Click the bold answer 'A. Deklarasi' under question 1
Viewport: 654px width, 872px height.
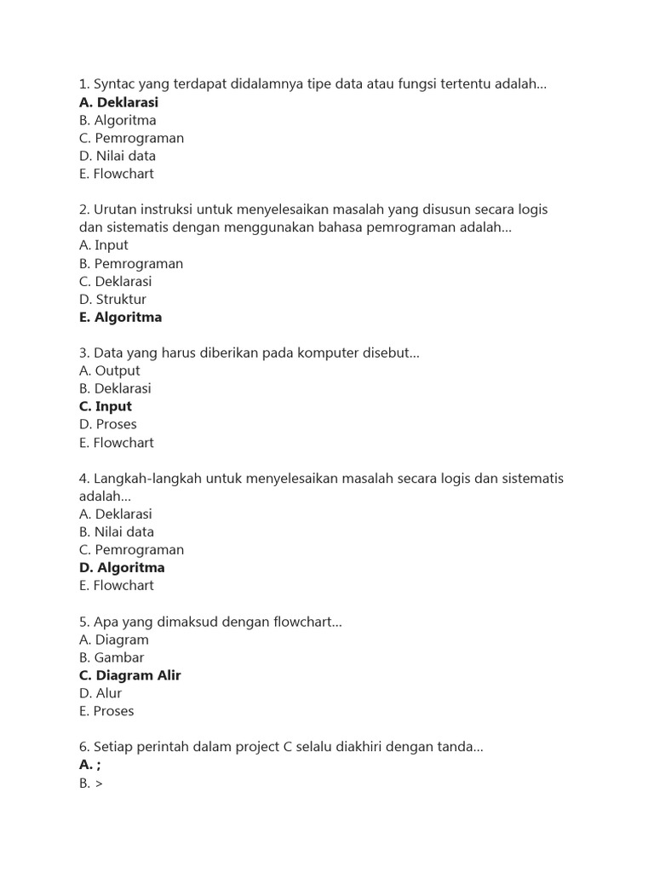(118, 102)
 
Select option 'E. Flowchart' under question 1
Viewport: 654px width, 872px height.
(117, 174)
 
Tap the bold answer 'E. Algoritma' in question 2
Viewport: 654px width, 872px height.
(120, 318)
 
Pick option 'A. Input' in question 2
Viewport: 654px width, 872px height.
(104, 245)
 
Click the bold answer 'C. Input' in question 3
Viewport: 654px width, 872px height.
(106, 407)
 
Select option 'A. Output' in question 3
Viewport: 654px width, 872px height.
(109, 371)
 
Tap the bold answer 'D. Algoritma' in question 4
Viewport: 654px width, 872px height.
(122, 568)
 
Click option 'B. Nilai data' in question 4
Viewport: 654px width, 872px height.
(117, 532)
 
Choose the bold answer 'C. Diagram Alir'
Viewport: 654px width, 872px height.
(129, 676)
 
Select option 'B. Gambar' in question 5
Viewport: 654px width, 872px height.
(112, 658)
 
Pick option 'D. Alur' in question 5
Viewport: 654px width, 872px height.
(100, 694)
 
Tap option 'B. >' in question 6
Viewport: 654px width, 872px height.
(90, 783)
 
